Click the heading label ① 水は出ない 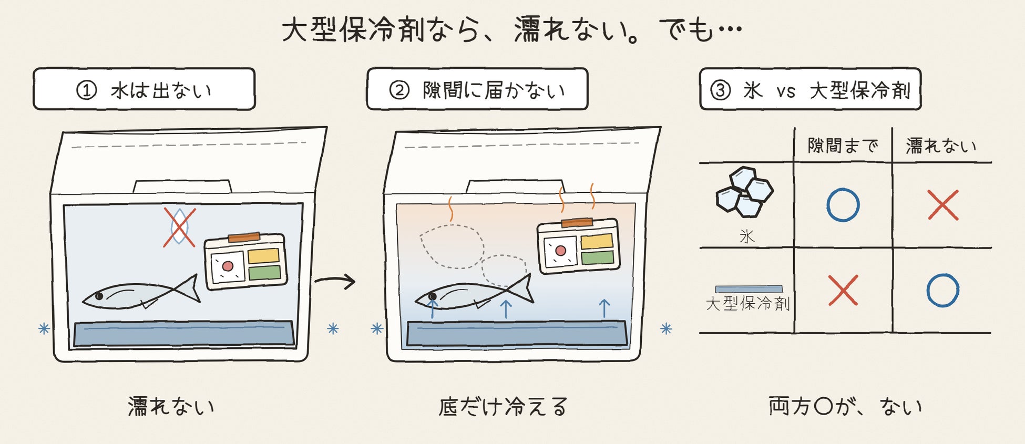point(144,89)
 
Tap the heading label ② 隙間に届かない point(477,89)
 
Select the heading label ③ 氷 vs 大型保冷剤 point(810,89)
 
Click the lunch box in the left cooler point(245,261)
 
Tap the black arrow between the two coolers point(335,281)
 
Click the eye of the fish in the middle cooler point(432,297)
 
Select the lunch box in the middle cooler point(578,246)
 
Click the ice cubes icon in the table point(744,192)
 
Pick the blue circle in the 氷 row point(843,205)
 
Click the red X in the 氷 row point(943,205)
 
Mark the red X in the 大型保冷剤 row point(843,290)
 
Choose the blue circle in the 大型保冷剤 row point(942,290)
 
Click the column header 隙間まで point(843,146)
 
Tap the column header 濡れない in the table point(941,146)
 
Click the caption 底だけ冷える point(503,407)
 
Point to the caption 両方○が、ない point(845,407)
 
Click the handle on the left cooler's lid point(182,187)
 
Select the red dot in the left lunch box point(228,266)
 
